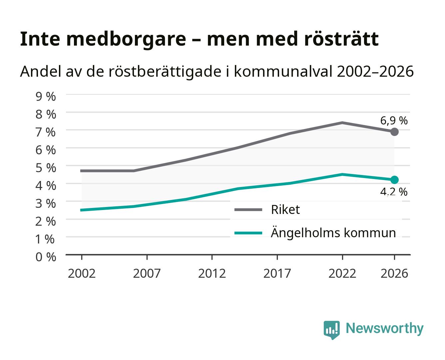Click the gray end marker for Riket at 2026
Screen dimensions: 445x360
[x=394, y=132]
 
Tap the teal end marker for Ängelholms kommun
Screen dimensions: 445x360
[x=394, y=180]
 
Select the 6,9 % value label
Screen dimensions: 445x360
[x=394, y=121]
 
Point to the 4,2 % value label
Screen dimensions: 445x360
[x=394, y=192]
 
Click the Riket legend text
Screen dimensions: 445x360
[x=285, y=209]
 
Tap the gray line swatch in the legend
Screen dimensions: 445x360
[x=248, y=210]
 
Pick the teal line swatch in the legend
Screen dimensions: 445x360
[x=248, y=233]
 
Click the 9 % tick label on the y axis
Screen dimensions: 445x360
[x=46, y=97]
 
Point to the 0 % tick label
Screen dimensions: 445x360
[x=46, y=257]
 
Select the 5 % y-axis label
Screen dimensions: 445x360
[x=46, y=168]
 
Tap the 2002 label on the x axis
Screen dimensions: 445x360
[x=82, y=273]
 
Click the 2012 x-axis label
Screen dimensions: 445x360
[x=212, y=273]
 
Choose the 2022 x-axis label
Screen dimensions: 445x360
[x=342, y=273]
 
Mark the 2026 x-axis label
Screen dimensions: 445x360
[x=394, y=273]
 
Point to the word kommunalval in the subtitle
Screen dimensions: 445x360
[x=283, y=71]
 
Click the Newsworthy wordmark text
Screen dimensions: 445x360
[x=385, y=328]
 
